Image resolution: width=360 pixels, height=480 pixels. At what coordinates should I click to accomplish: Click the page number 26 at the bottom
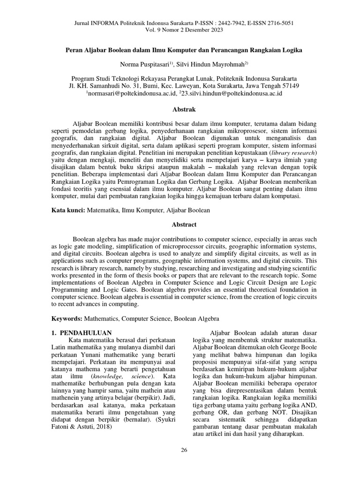[184, 450]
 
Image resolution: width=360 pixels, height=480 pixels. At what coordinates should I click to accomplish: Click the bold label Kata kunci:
[67, 211]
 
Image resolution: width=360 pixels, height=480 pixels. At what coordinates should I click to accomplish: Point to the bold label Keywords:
[67, 318]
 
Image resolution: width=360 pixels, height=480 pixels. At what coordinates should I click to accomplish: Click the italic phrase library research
[293, 153]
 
